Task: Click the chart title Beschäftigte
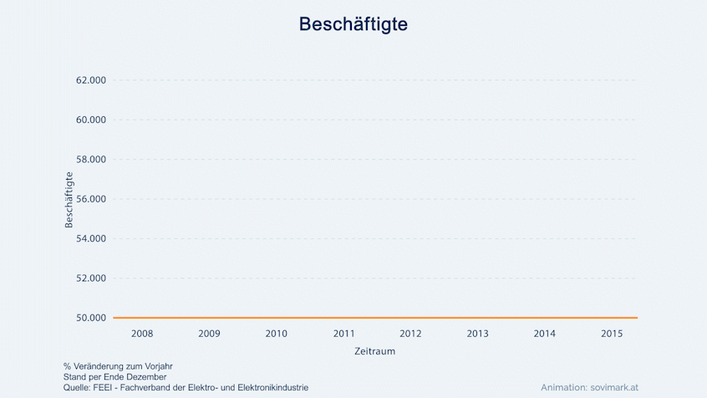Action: [x=353, y=24]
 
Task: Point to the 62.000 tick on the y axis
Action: [x=91, y=80]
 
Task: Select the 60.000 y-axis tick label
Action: [x=91, y=120]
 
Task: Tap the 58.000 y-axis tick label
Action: [x=91, y=160]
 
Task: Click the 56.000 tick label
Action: [x=91, y=199]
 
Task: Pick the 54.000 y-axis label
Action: [x=91, y=238]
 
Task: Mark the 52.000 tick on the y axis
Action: [x=91, y=278]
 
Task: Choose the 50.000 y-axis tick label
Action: [x=91, y=318]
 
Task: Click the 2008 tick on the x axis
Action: [x=142, y=334]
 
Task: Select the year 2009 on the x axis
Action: [x=209, y=334]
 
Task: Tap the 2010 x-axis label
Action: [x=277, y=334]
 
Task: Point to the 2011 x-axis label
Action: [x=343, y=334]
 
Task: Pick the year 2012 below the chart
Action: [x=410, y=334]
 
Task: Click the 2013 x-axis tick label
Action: [x=477, y=334]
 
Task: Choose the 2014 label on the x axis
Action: [x=544, y=334]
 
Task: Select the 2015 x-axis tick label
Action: [x=612, y=334]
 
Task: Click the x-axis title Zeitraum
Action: [x=374, y=351]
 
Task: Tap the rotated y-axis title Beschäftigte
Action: [x=69, y=200]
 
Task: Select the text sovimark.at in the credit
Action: [x=614, y=388]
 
